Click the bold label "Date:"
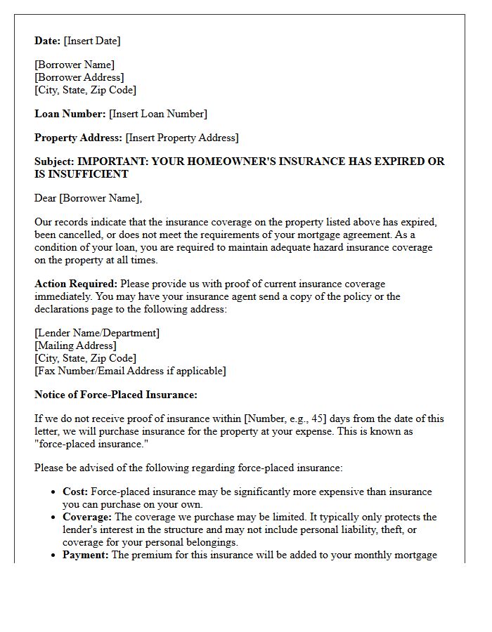point(48,41)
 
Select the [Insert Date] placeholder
point(92,41)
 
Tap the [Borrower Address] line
point(79,77)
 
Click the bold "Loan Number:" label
point(70,114)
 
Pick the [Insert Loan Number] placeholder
point(158,114)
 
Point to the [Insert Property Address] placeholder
point(182,138)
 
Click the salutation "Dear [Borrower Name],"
point(88,198)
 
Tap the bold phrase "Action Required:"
point(76,284)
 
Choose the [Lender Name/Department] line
point(97,333)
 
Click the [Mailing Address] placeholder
point(75,345)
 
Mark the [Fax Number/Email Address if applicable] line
point(130,370)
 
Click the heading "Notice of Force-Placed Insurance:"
point(116,395)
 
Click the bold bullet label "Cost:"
point(75,492)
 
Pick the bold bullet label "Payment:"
point(86,555)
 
